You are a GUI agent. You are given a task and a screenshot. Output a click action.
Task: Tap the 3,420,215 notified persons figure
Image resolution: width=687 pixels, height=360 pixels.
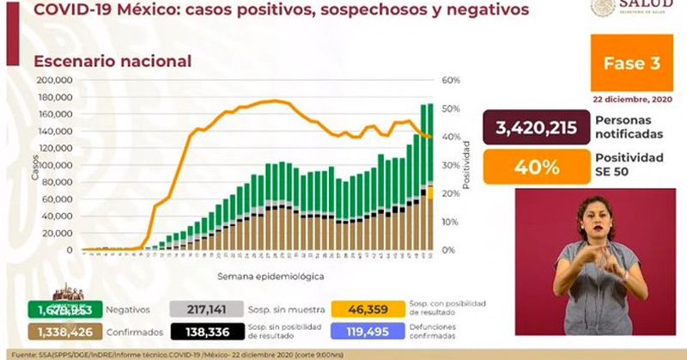[x=536, y=127]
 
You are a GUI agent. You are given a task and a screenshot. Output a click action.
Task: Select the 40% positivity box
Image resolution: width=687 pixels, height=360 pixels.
[x=536, y=167]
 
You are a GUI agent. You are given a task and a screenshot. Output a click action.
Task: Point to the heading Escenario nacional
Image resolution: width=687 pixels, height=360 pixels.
[x=112, y=62]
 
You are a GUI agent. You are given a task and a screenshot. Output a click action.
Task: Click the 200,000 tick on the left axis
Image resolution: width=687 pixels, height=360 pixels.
[x=54, y=80]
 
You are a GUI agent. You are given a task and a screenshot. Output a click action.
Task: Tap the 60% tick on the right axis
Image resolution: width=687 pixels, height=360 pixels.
[x=451, y=80]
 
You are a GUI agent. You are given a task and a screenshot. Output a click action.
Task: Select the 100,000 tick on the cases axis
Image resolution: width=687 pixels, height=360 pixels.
[x=54, y=165]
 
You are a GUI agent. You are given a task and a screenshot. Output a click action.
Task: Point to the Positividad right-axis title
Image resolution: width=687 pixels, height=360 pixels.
[x=467, y=163]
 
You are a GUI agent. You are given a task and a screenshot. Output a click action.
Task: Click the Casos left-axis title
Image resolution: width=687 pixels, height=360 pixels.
[x=33, y=166]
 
